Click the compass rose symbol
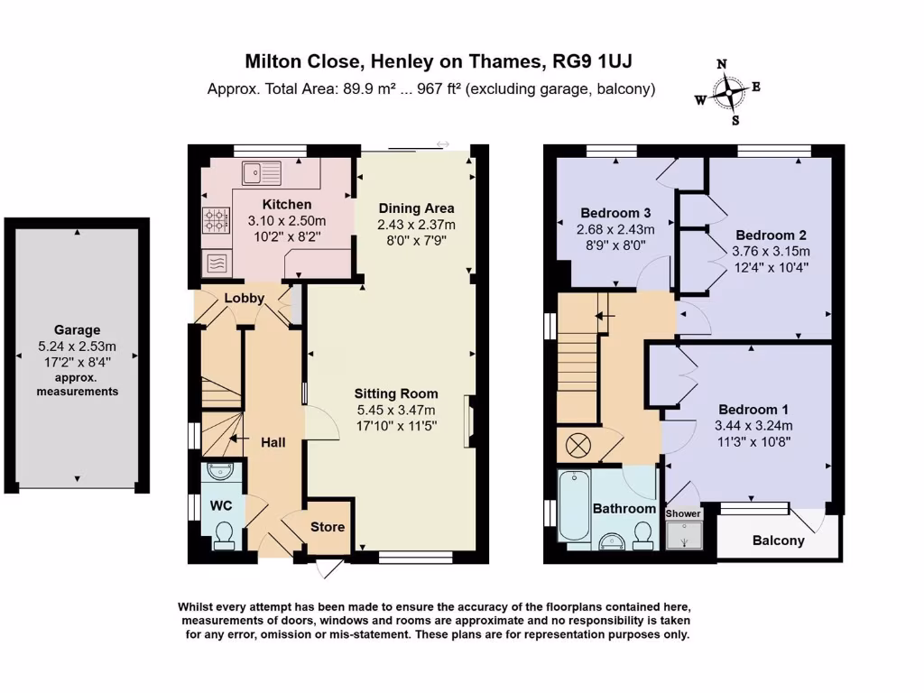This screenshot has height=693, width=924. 729,93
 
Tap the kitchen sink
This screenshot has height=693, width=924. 261,172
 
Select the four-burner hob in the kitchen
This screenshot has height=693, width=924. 217,221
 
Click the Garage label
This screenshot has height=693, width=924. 78,330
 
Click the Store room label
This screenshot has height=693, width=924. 328,527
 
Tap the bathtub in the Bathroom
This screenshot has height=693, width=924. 573,505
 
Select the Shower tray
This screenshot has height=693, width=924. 684,534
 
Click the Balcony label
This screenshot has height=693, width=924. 779,541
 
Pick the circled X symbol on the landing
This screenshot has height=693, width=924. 578,445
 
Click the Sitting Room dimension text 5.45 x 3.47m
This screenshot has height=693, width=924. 396,411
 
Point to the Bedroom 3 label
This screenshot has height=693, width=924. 615,213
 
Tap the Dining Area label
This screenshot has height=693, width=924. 416,208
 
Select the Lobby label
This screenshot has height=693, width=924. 244,298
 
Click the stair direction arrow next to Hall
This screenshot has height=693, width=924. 238,439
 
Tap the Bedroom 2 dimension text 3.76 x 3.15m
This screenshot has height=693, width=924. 771,251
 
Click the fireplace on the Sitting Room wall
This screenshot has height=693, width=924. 469,420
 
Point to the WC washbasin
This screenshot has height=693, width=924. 220,471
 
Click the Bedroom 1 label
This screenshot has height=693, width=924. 753,410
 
